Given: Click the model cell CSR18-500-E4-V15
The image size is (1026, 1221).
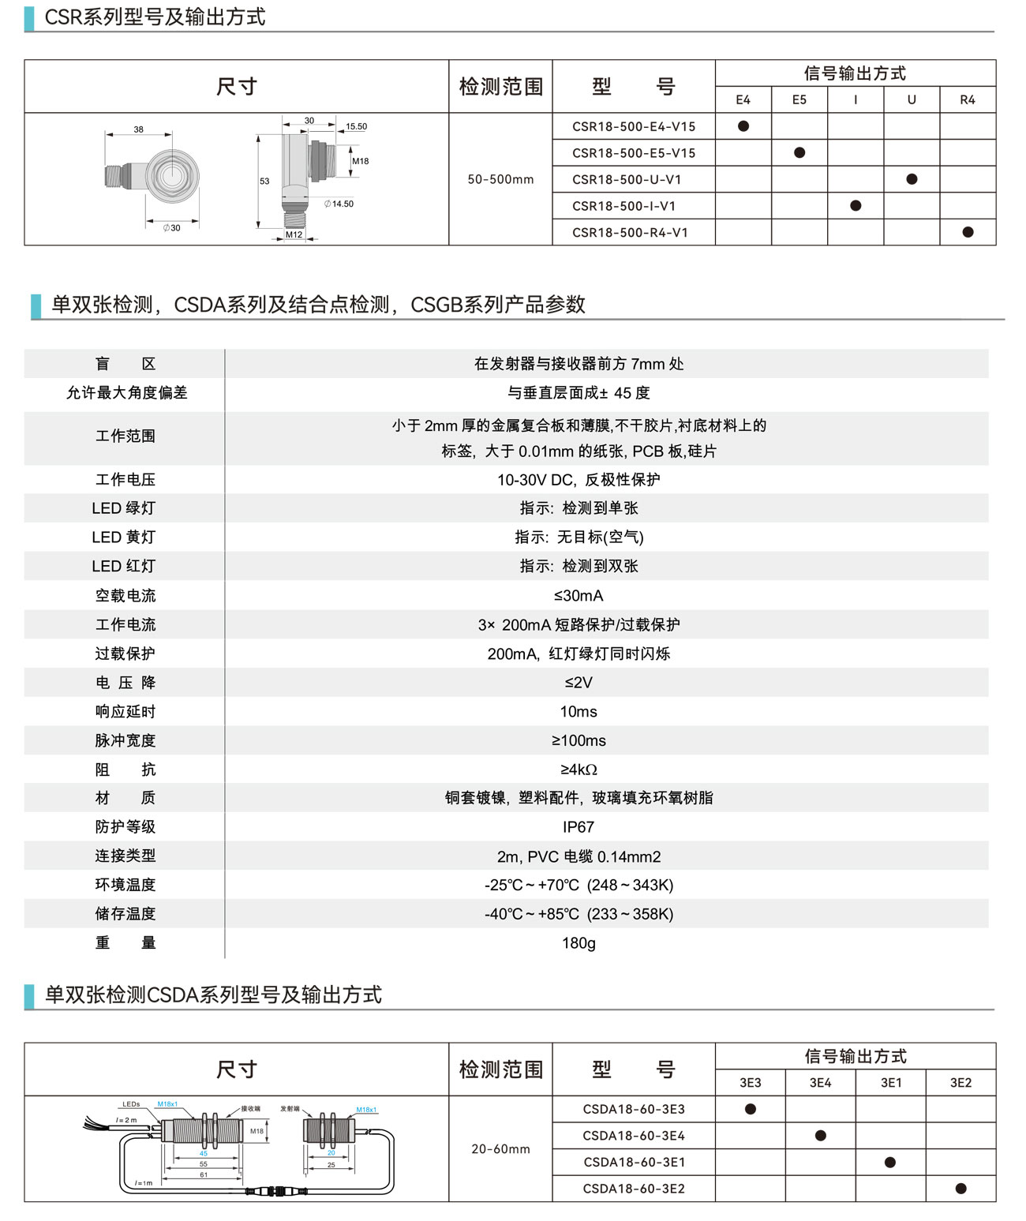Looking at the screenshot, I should pyautogui.click(x=634, y=126).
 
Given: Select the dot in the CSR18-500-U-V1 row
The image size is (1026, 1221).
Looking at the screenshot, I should pyautogui.click(x=912, y=179).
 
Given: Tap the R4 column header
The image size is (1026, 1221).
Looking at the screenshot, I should pyautogui.click(x=968, y=99).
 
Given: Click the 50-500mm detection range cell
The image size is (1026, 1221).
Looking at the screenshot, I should pyautogui.click(x=500, y=179).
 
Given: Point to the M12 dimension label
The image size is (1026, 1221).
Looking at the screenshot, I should pyautogui.click(x=294, y=234).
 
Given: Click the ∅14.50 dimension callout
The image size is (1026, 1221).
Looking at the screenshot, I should pyautogui.click(x=339, y=204).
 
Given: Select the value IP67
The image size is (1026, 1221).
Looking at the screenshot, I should pyautogui.click(x=578, y=827).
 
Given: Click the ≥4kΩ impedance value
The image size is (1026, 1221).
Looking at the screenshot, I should pyautogui.click(x=578, y=770).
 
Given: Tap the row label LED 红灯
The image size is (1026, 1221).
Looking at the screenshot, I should pyautogui.click(x=124, y=566).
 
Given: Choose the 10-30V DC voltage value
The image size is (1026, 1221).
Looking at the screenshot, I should pyautogui.click(x=578, y=480).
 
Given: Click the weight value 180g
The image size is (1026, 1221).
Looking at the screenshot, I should pyautogui.click(x=578, y=943).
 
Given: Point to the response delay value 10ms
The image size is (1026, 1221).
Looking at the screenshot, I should pyautogui.click(x=578, y=712).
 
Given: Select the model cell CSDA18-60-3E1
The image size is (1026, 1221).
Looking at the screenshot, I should pyautogui.click(x=634, y=1162).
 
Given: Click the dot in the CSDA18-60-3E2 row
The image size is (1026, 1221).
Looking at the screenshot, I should pyautogui.click(x=960, y=1189).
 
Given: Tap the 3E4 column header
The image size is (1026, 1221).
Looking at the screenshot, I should pyautogui.click(x=820, y=1083).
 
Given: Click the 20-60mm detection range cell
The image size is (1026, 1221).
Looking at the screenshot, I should pyautogui.click(x=500, y=1149).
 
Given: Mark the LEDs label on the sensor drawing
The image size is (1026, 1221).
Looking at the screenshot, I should pyautogui.click(x=131, y=1104).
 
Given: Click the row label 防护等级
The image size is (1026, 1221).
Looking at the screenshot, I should pyautogui.click(x=125, y=827).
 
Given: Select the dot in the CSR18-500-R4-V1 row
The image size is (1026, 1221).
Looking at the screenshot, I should pyautogui.click(x=968, y=232).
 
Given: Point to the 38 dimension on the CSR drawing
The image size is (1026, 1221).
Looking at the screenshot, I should pyautogui.click(x=138, y=129).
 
